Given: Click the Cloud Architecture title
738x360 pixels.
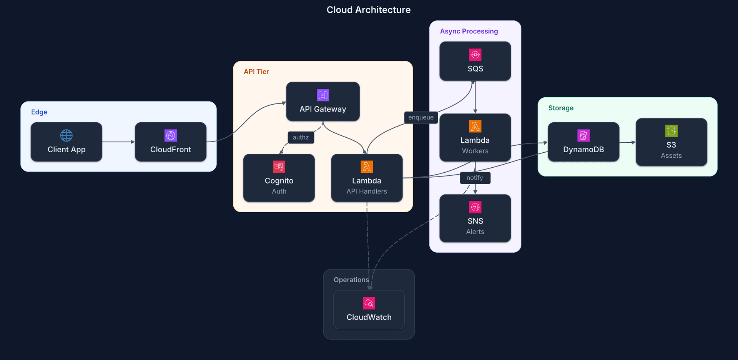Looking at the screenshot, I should tap(368, 10).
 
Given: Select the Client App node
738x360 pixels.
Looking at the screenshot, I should tap(66, 142).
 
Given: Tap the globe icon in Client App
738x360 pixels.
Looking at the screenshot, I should tap(66, 135).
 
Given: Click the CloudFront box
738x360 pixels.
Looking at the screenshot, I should tap(170, 142).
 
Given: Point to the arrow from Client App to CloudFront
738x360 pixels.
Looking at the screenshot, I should tap(118, 142).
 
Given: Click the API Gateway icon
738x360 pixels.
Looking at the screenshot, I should tap(323, 95).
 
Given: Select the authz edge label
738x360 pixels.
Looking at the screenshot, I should tap(301, 137).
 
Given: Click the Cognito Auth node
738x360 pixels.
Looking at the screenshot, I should tap(279, 178).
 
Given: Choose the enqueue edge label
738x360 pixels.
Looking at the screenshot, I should tap(421, 117).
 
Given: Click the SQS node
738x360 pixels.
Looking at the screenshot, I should tap(475, 62).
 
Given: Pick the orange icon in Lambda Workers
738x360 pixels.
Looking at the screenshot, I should tap(475, 127).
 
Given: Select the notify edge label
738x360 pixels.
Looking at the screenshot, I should tap(475, 178).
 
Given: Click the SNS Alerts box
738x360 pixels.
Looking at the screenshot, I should tap(475, 218).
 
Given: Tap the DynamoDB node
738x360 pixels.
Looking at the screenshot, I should tap(583, 142).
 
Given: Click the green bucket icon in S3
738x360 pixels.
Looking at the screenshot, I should tap(671, 131).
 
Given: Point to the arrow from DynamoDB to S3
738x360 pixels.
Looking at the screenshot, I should tap(627, 143).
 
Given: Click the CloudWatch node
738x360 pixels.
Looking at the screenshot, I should tap(369, 310).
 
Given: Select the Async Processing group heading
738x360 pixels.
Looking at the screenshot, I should tap(469, 32).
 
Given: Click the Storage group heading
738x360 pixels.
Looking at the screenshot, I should tap(560, 108).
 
